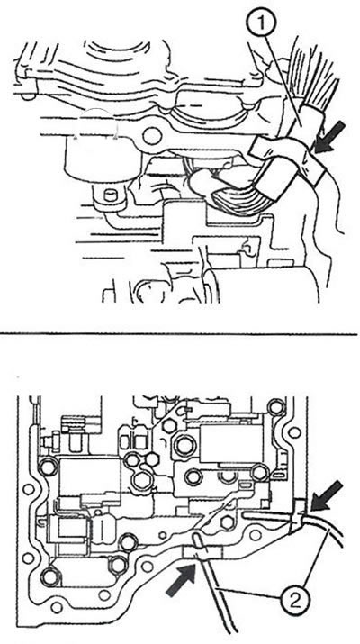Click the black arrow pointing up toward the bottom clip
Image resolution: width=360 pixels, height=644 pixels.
[x=181, y=580]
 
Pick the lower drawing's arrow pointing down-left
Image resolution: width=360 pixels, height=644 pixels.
[x=327, y=496]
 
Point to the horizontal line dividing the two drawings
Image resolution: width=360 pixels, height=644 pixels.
[x=178, y=334]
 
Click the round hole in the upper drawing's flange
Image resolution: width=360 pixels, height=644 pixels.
[x=152, y=136]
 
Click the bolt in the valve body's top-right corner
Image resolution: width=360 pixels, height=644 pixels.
[x=275, y=407]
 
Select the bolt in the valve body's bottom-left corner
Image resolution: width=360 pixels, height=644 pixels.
[x=51, y=576]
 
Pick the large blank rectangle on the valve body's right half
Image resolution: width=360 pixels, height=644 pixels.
[x=227, y=443]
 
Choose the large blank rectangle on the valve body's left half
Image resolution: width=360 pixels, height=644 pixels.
[x=90, y=476]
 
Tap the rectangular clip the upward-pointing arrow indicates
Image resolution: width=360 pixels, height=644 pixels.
[x=202, y=552]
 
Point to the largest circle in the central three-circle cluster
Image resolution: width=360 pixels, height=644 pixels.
[x=142, y=478]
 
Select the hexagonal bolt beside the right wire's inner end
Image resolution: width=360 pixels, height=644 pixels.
[x=228, y=522]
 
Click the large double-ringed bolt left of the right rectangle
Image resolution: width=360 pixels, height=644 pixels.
[x=184, y=443]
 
